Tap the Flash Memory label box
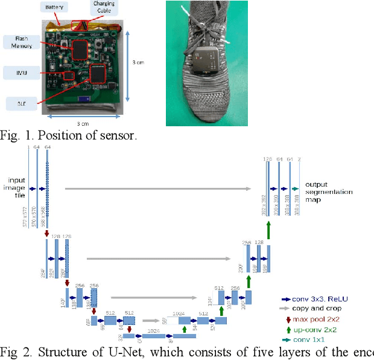tap(19, 42)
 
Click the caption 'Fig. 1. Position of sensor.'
tap(68, 135)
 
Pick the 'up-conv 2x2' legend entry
tap(312, 330)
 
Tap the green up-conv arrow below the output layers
tap(269, 230)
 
